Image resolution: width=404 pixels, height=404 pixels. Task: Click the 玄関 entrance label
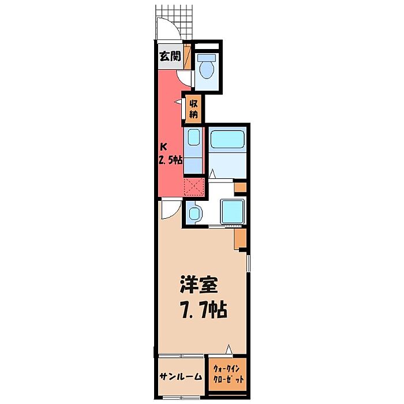(x=170, y=56)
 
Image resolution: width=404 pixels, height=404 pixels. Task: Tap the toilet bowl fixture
(x=207, y=70)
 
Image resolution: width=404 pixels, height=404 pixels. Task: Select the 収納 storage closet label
(x=193, y=109)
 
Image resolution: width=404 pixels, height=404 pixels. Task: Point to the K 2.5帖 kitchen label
(x=170, y=154)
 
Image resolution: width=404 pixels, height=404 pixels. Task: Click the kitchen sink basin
(x=193, y=137)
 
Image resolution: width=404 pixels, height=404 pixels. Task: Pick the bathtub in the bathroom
(x=227, y=139)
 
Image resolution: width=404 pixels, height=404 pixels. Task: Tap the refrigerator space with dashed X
(x=194, y=186)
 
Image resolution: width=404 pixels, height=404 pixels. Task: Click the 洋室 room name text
(x=199, y=285)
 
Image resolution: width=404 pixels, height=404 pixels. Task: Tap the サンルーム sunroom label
(x=181, y=376)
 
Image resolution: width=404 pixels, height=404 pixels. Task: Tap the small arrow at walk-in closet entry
(x=229, y=349)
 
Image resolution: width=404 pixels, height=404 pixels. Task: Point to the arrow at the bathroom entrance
(x=212, y=174)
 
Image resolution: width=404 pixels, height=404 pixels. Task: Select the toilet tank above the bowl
(x=207, y=58)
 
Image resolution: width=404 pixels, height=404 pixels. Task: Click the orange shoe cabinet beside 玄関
(x=188, y=57)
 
